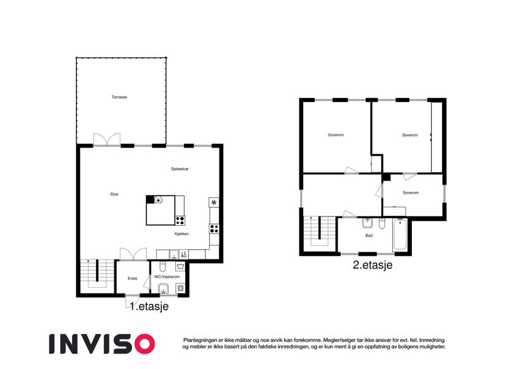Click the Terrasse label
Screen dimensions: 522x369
[x=119, y=97]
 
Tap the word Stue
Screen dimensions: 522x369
[x=114, y=194]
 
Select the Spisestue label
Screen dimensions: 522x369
[x=180, y=169]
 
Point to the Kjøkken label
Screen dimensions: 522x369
[x=182, y=234]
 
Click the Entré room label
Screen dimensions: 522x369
[x=132, y=279]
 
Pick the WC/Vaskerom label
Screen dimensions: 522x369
[x=167, y=277]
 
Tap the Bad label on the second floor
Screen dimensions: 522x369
[x=369, y=236]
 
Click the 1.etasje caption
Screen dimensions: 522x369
[x=149, y=306]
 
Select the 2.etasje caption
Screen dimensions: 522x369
[x=373, y=265]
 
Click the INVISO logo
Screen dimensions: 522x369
[x=102, y=344]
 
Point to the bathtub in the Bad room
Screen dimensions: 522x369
[x=400, y=235]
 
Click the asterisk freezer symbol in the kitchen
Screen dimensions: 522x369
[x=214, y=202]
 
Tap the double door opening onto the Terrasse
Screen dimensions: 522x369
[x=107, y=140]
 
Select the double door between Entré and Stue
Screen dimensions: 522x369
[x=133, y=254]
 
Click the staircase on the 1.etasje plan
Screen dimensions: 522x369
[x=98, y=274]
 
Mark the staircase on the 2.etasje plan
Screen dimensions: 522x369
[x=320, y=231]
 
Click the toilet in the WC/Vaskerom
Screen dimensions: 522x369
[x=163, y=267]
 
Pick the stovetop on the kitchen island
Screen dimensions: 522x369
[x=180, y=220]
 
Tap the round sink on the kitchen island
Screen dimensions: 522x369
[x=159, y=200]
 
